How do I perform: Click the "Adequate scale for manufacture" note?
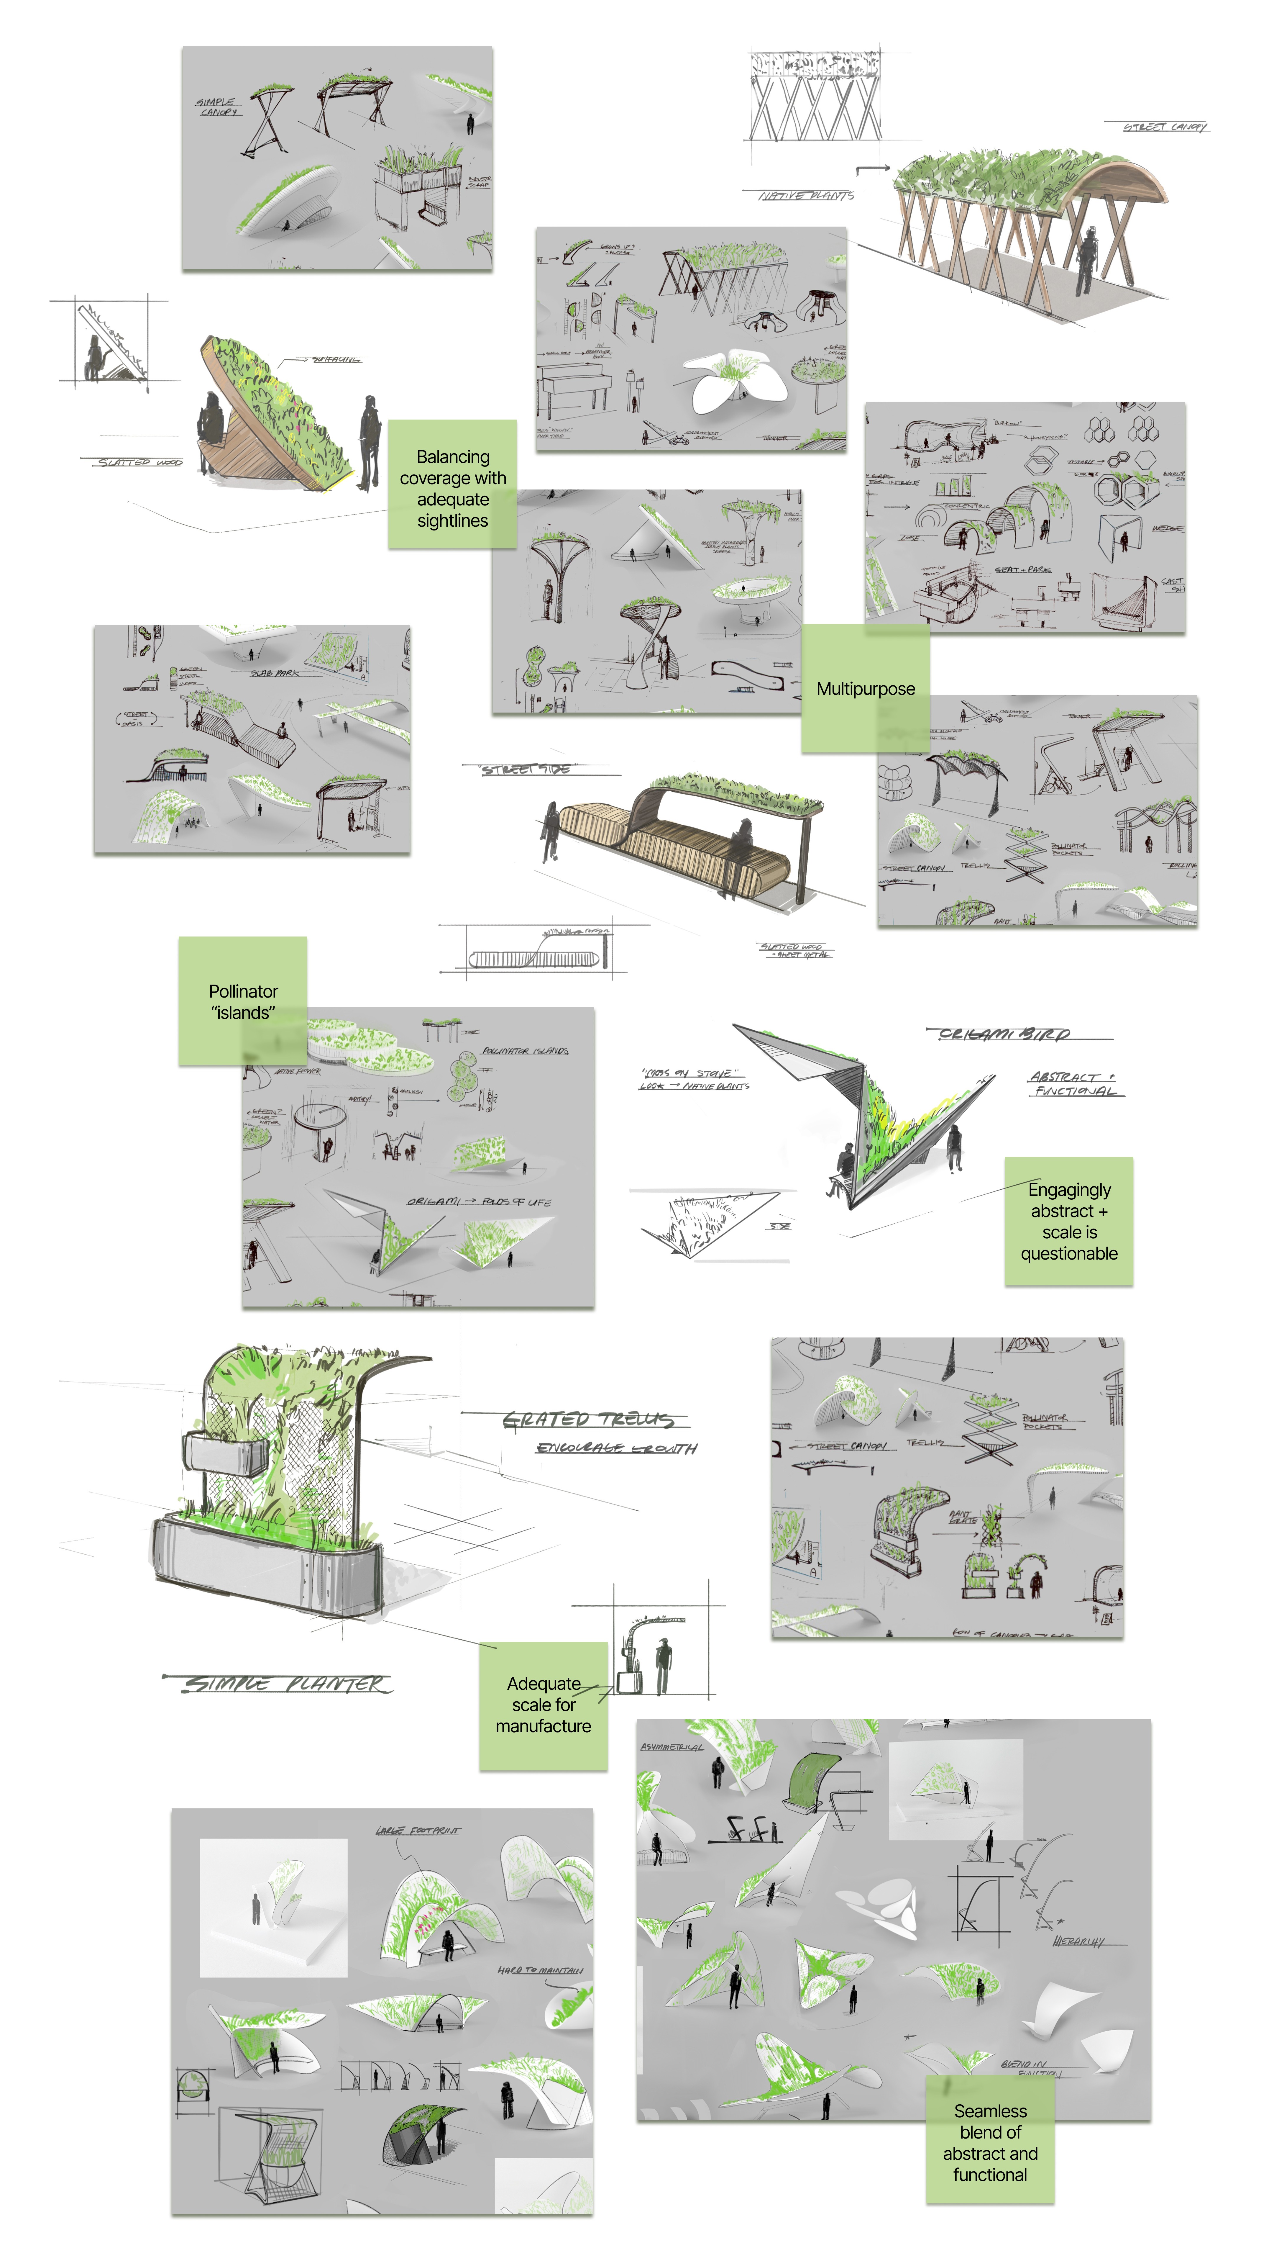(x=544, y=1705)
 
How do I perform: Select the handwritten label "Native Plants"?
(x=806, y=196)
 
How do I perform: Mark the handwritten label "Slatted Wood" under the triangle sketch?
(x=140, y=462)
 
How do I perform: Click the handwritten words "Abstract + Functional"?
(x=1075, y=1083)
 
